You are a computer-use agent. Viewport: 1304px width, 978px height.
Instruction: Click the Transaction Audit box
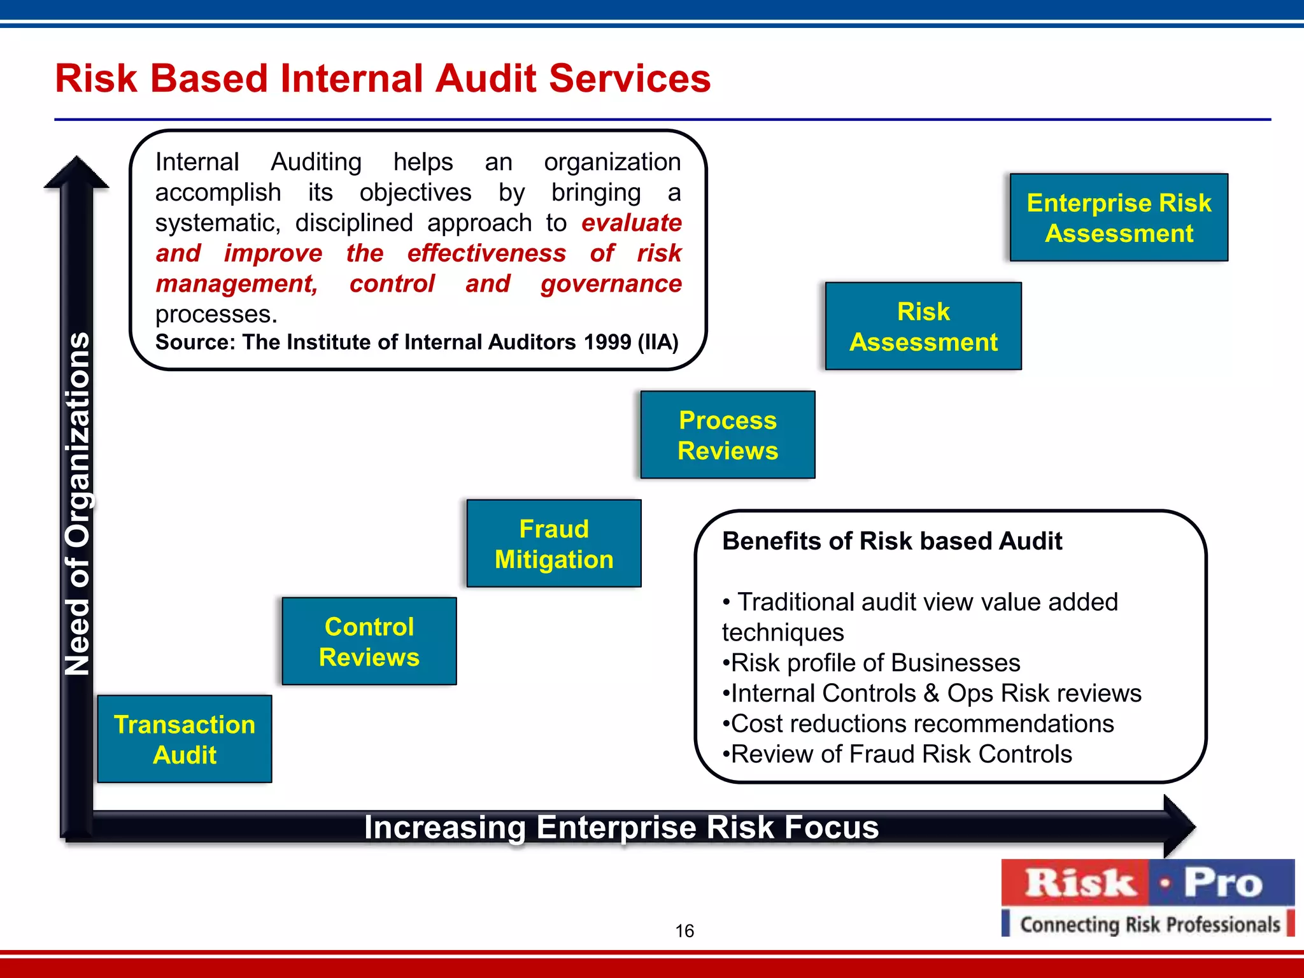(x=185, y=739)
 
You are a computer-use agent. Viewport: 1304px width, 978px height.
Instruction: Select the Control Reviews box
(x=369, y=641)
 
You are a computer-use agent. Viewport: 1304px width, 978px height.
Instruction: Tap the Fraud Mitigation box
(x=554, y=543)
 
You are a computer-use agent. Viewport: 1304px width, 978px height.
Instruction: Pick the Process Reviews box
(x=728, y=435)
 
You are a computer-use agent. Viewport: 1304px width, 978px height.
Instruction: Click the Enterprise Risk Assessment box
(x=1119, y=218)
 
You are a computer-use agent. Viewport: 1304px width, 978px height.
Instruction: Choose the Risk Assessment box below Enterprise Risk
(x=923, y=326)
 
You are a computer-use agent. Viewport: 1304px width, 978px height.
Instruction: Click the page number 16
(x=684, y=931)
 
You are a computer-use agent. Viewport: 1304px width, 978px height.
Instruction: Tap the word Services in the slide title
(x=629, y=79)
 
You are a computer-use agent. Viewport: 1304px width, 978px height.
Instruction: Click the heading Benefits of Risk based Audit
(x=891, y=541)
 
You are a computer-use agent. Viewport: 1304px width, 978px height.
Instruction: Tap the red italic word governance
(x=611, y=284)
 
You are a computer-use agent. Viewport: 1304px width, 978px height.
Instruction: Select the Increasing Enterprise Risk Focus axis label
(x=621, y=828)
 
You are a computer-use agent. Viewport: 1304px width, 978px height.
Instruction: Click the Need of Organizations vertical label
(x=78, y=503)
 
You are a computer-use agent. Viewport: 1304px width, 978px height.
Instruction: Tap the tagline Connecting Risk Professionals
(x=1149, y=924)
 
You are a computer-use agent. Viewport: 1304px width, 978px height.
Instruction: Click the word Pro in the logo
(x=1222, y=883)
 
